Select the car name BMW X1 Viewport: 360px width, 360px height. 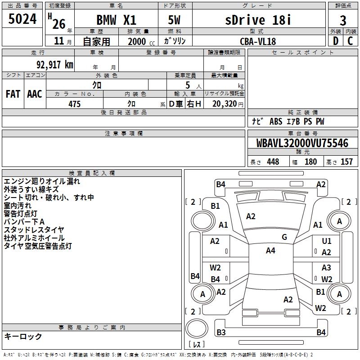(x=117, y=20)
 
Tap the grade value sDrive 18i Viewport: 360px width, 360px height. (x=258, y=20)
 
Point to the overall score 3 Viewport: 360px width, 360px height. (x=343, y=20)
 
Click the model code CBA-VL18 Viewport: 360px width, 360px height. (x=258, y=41)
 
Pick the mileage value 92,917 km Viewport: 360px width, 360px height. (x=51, y=65)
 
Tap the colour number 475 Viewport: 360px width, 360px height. (x=75, y=104)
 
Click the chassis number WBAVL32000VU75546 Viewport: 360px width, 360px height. (x=302, y=144)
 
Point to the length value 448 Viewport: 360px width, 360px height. (x=273, y=162)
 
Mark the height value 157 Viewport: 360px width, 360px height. (x=346, y=162)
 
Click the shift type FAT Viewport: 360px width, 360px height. (x=13, y=94)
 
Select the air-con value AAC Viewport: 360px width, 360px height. (x=35, y=94)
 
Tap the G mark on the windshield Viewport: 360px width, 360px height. (x=284, y=237)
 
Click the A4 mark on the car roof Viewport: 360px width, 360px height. (x=270, y=251)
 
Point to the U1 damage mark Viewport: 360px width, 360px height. (x=327, y=241)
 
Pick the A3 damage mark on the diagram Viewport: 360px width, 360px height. (x=326, y=268)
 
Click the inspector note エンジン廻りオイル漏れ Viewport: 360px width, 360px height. (x=42, y=181)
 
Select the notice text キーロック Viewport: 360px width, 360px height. (x=23, y=337)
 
